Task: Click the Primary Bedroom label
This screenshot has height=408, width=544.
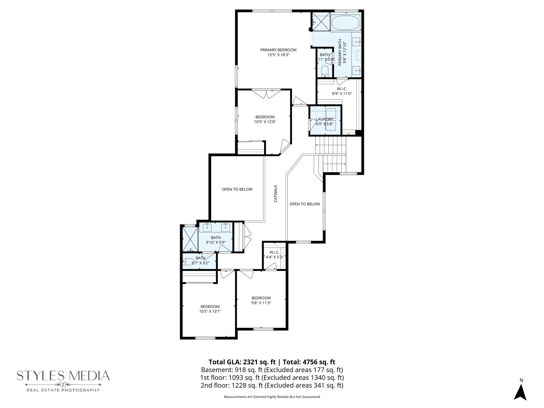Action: point(278,50)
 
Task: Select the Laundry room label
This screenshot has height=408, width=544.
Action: point(325,119)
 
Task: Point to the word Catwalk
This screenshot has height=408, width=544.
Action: point(275,193)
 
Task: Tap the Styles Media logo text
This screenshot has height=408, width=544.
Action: point(63,376)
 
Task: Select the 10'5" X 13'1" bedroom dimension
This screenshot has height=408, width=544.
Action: point(210,312)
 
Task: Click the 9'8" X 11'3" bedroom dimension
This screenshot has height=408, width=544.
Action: point(261,303)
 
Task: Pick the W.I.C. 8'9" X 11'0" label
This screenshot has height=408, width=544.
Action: point(342,91)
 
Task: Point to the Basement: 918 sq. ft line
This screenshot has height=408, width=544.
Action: point(272,370)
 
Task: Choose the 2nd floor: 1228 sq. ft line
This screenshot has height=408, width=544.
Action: point(272,386)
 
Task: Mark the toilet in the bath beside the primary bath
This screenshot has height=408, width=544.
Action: point(325,71)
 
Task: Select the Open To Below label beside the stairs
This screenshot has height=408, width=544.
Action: point(304,204)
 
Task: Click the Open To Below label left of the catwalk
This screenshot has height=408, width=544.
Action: point(237,189)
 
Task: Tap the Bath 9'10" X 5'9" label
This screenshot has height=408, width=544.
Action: point(216,240)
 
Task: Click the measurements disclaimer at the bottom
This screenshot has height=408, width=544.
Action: point(272,397)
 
